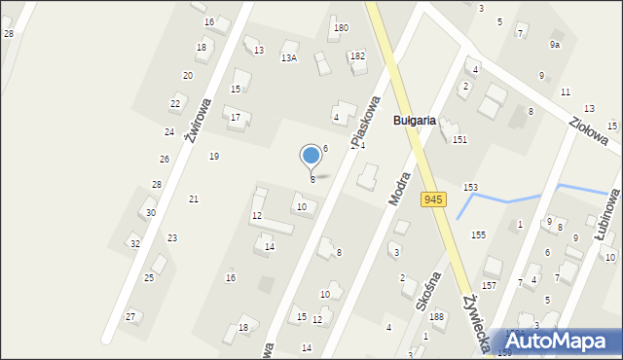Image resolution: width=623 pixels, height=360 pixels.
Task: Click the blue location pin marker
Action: point(311,156)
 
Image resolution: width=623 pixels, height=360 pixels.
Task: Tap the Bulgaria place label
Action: point(420,121)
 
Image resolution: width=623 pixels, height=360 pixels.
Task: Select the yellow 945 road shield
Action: point(433,199)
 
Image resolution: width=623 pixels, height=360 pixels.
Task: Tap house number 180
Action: point(341,27)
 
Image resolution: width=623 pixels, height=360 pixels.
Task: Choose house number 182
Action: point(357,56)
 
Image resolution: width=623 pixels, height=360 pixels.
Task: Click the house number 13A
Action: point(289,58)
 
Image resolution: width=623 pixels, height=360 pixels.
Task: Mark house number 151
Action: point(459,140)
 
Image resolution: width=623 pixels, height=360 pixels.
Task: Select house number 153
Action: point(470,187)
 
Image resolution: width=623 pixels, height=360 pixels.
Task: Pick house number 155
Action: point(479,235)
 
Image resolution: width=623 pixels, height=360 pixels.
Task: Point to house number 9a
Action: point(555,45)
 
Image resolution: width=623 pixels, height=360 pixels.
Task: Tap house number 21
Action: point(194,199)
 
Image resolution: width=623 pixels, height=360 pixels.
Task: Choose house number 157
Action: point(489,286)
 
